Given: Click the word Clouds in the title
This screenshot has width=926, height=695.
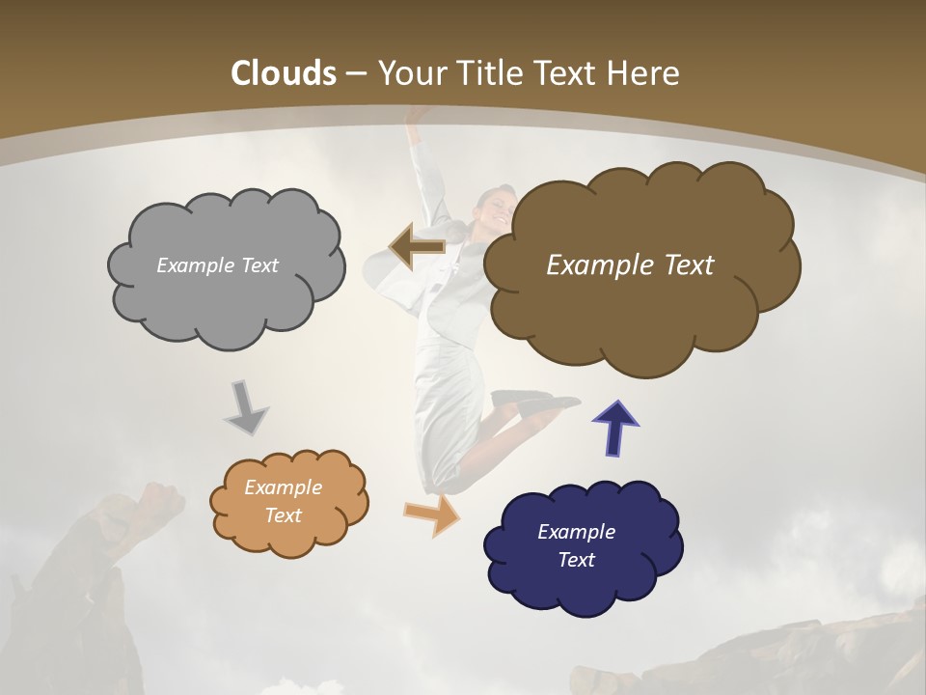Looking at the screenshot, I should (x=284, y=73).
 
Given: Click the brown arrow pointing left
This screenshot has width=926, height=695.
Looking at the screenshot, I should (x=417, y=245).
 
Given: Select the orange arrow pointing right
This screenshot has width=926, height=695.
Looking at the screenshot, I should (x=432, y=514).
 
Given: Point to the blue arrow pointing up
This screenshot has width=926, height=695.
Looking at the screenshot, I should (x=615, y=428).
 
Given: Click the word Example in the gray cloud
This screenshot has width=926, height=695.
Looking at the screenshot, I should (x=193, y=265).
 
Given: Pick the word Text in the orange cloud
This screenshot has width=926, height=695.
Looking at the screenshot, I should (x=284, y=515).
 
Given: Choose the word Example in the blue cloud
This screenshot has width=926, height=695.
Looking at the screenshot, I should (x=576, y=532).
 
